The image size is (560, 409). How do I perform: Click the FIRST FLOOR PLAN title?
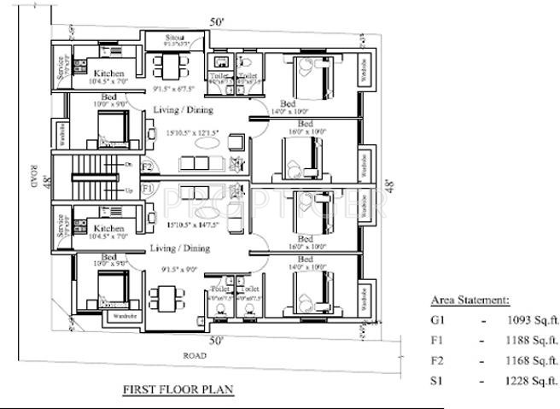(x=178, y=389)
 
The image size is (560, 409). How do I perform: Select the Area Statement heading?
(x=470, y=301)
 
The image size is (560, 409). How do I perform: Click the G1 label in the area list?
(x=438, y=320)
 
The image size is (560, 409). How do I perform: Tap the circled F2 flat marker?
(x=147, y=167)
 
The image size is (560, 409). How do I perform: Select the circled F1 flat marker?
(x=147, y=187)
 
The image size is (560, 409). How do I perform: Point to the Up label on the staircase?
(x=129, y=190)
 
